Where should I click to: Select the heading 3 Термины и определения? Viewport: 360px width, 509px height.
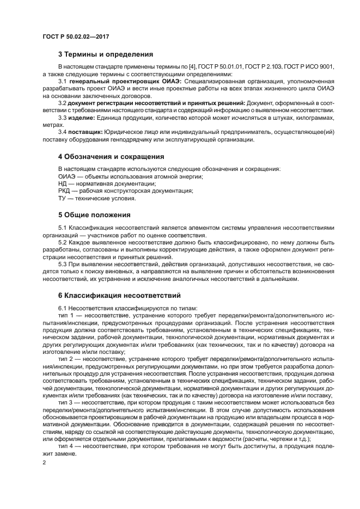pos(105,54)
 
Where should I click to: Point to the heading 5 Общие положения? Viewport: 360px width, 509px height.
pos(94,214)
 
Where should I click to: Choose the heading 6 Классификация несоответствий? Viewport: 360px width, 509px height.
pos(119,296)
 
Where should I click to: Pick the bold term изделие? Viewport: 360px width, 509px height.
pos(81,118)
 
